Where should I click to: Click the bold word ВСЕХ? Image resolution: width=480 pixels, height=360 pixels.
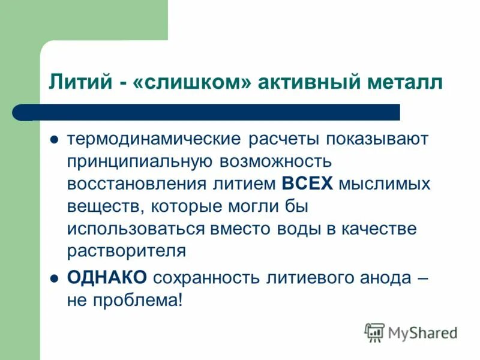307,183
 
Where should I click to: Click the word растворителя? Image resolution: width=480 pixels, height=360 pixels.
127,250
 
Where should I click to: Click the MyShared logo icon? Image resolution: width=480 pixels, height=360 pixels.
374,332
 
